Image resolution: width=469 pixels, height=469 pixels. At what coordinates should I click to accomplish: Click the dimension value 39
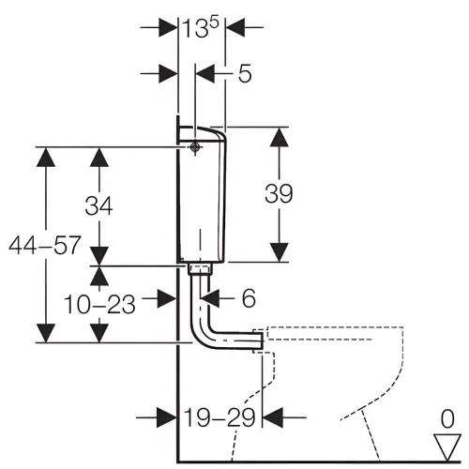coord(279,194)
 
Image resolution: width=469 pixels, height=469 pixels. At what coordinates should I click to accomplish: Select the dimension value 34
coord(98,205)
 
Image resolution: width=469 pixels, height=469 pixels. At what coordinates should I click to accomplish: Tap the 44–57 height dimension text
coord(45,245)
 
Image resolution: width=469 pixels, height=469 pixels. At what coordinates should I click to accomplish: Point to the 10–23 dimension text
coord(99,304)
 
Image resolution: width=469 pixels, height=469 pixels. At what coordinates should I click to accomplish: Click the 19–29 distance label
coord(219,417)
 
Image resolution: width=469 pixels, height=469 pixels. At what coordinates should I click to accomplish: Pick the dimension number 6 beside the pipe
coord(249,298)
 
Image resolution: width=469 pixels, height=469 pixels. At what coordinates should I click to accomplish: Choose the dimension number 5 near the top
coord(245,74)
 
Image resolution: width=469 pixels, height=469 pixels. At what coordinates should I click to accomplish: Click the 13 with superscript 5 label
coord(201,27)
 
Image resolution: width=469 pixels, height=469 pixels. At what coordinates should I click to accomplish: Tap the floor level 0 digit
coord(447,419)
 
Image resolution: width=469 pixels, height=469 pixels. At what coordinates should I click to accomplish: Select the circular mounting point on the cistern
coord(195,146)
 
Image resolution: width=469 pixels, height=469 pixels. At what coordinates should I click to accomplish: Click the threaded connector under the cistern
coord(200,269)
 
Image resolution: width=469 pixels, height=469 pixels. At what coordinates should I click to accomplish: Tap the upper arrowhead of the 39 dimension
coord(279,137)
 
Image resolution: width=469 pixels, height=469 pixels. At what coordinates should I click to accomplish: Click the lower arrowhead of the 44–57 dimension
coord(46,333)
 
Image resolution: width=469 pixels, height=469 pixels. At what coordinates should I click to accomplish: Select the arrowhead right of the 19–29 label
coord(273,417)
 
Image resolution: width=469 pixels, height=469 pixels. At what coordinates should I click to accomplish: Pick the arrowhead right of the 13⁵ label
coord(234,27)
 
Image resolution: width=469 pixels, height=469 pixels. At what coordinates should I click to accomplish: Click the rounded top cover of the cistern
coord(206,132)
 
